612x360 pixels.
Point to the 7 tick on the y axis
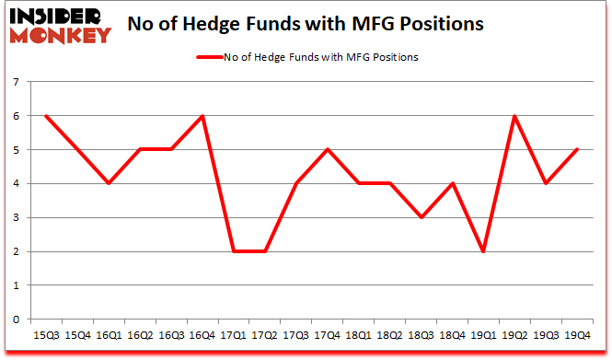[16, 82]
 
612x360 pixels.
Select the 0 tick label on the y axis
[16, 319]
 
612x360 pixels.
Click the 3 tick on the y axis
[16, 217]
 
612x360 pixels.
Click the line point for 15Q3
[45, 116]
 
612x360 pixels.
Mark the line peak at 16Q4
[202, 116]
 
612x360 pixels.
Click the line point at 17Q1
[233, 251]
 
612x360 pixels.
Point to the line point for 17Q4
[327, 149]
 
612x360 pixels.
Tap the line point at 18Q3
[421, 217]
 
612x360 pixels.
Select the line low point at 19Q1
[483, 251]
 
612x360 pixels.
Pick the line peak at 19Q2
[514, 116]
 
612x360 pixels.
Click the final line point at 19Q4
[577, 149]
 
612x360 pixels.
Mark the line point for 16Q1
[108, 183]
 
